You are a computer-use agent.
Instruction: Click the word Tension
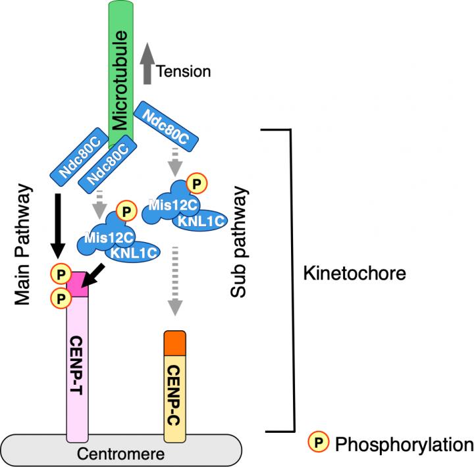[x=184, y=71]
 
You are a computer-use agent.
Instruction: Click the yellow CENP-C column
[x=175, y=395]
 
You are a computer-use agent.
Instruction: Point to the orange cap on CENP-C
[x=175, y=342]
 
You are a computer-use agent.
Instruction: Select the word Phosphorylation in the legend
[x=404, y=445]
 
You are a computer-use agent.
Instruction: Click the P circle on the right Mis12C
[x=196, y=181]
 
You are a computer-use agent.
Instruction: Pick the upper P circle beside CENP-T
[x=61, y=272]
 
